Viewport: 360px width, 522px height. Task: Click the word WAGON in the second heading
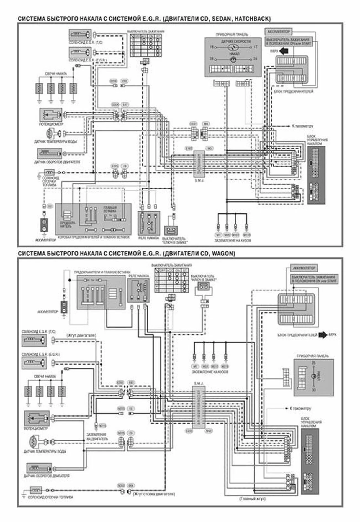pos(223,253)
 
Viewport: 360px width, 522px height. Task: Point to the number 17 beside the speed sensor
pos(255,47)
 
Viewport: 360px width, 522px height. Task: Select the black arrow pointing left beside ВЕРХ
pos(284,51)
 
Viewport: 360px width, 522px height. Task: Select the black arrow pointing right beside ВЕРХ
pos(323,335)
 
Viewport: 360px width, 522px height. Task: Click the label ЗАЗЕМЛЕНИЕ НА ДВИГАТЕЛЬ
pos(97,436)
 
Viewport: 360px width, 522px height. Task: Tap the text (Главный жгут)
pos(252,498)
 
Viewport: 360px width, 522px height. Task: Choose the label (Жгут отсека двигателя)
pos(154,494)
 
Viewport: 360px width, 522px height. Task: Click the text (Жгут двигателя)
pos(81,335)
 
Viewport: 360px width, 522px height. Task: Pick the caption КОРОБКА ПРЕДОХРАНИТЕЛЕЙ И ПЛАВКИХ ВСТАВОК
pos(94,237)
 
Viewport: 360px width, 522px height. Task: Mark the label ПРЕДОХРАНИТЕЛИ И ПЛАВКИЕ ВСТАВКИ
pos(102,272)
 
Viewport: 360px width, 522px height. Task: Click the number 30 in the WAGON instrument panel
pos(313,390)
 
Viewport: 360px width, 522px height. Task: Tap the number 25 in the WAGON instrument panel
pos(313,363)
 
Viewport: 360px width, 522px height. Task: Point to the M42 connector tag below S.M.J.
pos(209,431)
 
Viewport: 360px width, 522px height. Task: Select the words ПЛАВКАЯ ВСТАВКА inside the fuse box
pos(110,209)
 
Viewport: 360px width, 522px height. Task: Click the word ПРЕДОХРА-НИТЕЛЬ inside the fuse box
pos(68,224)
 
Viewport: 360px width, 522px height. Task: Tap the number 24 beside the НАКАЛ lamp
pos(255,59)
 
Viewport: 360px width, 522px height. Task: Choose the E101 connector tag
pos(193,123)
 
